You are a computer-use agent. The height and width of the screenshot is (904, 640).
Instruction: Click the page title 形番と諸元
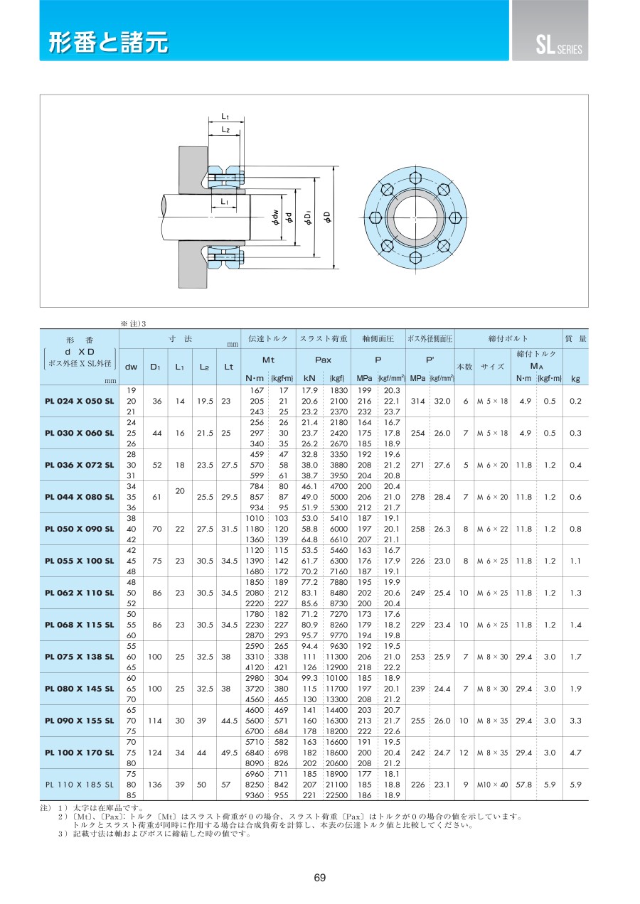(108, 42)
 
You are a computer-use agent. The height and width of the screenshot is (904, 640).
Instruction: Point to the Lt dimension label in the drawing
(225, 117)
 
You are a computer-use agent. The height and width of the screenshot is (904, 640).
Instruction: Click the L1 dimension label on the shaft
(225, 201)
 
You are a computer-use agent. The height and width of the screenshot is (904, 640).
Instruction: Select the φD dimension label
(328, 217)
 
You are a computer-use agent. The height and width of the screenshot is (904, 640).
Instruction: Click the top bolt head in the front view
(415, 178)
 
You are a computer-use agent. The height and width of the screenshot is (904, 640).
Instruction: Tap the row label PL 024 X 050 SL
(80, 401)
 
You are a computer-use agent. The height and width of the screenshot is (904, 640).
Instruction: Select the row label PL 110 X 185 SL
(80, 784)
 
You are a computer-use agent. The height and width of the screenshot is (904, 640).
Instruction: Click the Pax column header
(323, 360)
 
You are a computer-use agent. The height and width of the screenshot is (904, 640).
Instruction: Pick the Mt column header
(269, 360)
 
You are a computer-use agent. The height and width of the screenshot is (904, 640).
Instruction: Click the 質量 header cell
(575, 338)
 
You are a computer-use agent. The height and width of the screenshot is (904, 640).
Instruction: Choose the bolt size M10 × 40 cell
(492, 784)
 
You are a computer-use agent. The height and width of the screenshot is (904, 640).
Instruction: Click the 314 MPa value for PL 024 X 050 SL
(418, 401)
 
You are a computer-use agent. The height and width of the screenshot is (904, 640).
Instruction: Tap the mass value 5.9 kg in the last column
(575, 784)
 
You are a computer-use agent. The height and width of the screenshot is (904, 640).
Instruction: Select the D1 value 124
(155, 752)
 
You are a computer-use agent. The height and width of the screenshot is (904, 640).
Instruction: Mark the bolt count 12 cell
(464, 752)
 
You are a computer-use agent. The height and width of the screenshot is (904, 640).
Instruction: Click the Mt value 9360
(255, 795)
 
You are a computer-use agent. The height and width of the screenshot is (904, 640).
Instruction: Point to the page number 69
(320, 878)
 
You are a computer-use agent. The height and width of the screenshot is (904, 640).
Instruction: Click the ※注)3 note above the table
(133, 323)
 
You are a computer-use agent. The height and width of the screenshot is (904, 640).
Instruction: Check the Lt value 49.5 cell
(229, 752)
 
